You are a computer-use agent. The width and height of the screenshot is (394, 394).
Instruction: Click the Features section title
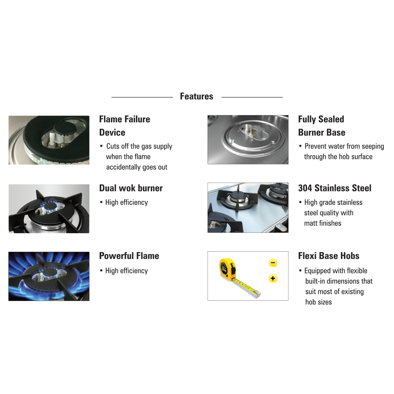[197, 96]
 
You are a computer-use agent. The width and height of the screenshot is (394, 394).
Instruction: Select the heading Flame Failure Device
[125, 126]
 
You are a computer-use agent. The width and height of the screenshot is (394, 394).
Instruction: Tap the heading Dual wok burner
[131, 188]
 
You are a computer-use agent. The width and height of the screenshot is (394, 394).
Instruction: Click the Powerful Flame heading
[129, 256]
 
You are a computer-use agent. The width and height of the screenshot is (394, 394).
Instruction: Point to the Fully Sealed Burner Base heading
[322, 126]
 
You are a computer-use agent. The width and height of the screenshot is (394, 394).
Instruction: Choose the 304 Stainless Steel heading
[335, 188]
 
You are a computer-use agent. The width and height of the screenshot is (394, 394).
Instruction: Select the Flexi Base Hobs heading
[329, 256]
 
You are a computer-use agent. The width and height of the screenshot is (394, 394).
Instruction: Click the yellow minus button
[273, 263]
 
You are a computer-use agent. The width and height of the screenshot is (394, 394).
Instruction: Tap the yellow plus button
[273, 279]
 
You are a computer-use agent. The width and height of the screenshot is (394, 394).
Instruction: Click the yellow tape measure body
[228, 269]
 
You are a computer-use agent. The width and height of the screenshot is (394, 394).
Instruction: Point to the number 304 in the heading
[305, 188]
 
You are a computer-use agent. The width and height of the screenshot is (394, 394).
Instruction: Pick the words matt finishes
[323, 223]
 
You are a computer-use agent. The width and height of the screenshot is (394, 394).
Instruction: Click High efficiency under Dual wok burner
[126, 202]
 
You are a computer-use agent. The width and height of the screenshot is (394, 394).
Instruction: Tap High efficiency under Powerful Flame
[126, 271]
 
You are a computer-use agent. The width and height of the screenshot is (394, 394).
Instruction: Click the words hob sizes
[319, 302]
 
